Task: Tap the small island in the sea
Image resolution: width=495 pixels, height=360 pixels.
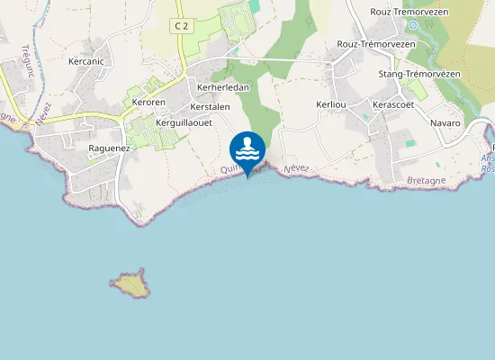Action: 132,284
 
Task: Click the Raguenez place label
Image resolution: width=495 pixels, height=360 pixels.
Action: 110,148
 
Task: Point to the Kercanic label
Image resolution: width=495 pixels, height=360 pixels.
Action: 86,62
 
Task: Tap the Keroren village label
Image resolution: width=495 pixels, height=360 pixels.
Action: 149,103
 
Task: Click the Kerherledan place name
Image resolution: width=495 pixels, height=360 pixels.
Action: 222,87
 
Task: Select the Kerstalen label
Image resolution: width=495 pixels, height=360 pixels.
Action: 211,106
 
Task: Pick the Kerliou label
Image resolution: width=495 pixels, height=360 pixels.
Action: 331,104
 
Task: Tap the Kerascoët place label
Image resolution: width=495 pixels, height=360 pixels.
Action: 397,104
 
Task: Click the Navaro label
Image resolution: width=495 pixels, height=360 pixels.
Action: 445,122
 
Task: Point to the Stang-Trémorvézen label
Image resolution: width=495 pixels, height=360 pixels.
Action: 419,73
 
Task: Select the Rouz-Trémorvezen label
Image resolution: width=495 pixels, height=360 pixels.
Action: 375,43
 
